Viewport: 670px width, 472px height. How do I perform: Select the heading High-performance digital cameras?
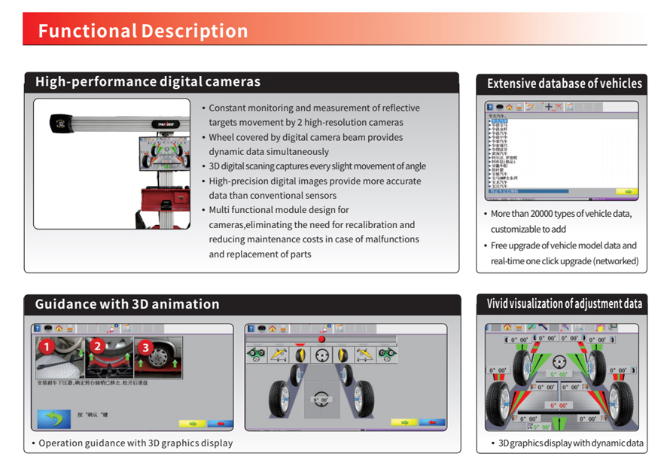[148, 82]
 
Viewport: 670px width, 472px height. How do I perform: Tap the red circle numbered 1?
[47, 347]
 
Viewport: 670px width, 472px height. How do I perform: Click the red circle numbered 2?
[96, 347]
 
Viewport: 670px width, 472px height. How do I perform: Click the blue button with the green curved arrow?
[54, 419]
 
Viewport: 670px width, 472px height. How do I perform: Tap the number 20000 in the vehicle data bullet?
[547, 214]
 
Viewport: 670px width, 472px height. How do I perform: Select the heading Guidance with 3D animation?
[127, 304]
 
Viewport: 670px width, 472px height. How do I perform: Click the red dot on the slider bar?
[321, 340]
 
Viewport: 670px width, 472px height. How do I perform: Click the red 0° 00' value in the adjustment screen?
[558, 406]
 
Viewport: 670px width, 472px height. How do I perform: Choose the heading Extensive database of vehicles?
[564, 84]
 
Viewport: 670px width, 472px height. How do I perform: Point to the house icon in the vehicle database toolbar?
[509, 108]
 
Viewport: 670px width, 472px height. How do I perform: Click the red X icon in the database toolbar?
[558, 108]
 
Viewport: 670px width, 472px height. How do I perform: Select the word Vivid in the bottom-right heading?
[498, 304]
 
